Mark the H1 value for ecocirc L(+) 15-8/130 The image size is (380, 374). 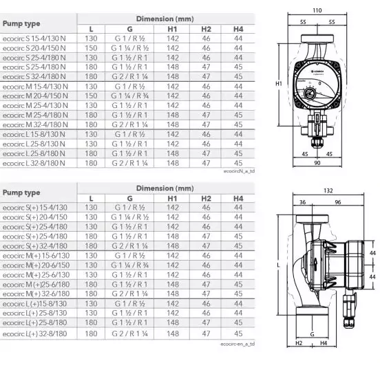(x=173, y=303)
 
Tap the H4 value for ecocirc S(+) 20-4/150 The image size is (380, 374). (x=238, y=217)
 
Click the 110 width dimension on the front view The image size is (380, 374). (x=317, y=10)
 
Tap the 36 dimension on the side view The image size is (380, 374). (x=304, y=202)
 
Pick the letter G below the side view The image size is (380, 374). (x=313, y=333)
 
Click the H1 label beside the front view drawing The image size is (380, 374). (x=279, y=83)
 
